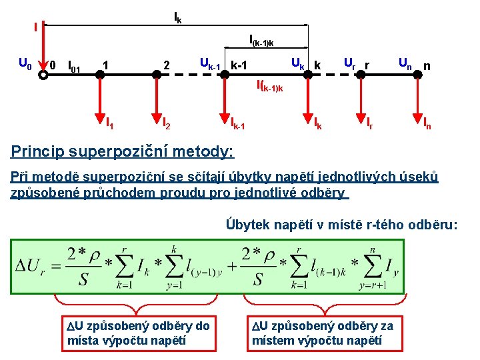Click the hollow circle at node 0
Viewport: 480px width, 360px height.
tap(43, 75)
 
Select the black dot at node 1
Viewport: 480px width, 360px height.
tap(100, 75)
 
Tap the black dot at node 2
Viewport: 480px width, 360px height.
tap(157, 75)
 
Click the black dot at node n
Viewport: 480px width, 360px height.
tap(417, 75)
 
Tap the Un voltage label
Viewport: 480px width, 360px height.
tap(404, 63)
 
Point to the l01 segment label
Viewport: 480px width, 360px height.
tap(74, 67)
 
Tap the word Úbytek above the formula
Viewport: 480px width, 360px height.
tap(248, 225)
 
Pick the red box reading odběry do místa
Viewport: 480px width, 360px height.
tap(139, 333)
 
